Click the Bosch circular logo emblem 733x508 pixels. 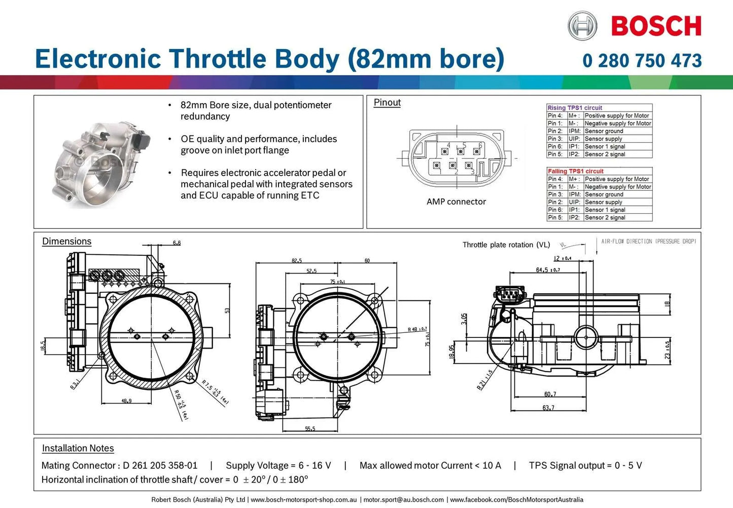582,26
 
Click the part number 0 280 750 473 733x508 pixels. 642,61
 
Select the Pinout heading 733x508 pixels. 387,103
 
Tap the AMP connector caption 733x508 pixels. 456,201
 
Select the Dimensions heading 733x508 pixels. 67,242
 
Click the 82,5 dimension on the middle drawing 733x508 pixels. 297,261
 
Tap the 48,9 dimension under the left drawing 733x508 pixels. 126,401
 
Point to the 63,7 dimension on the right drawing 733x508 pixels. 548,408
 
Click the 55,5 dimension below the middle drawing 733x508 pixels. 310,429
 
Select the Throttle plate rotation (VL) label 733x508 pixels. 506,245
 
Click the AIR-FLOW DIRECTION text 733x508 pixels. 648,242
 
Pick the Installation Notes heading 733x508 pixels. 78,448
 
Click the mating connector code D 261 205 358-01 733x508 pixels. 160,465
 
